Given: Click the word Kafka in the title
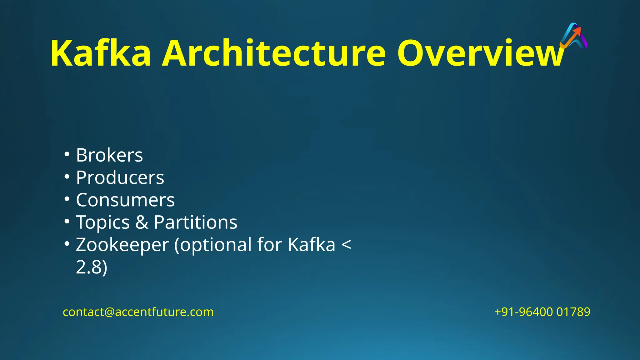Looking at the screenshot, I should [101, 53].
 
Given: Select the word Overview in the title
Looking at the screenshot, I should [480, 53].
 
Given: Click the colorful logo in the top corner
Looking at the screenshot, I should [573, 36].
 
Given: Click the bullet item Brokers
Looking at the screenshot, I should [109, 155].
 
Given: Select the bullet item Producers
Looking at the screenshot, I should [120, 177].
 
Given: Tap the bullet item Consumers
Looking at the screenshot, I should [125, 200].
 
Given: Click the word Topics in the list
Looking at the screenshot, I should [102, 222].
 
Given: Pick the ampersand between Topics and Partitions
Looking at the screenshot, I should [142, 222].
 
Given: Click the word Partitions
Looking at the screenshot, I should [196, 222].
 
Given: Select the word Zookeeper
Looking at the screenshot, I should [122, 245].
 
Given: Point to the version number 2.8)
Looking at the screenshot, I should [92, 267].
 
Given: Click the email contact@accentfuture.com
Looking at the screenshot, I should [138, 312].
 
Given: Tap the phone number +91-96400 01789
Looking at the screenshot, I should [542, 312].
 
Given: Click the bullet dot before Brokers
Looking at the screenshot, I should [67, 154].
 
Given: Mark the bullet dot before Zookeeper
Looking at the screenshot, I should [67, 243].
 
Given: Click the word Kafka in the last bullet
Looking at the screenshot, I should [311, 245].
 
